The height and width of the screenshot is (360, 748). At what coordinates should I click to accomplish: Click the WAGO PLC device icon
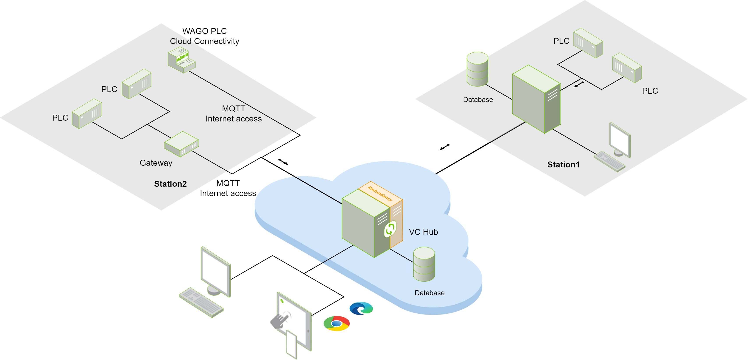182,60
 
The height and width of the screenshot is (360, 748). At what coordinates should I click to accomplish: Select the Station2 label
170,184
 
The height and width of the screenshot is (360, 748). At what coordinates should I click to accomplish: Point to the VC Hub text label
423,232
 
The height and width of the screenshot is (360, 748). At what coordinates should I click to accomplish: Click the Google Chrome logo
337,323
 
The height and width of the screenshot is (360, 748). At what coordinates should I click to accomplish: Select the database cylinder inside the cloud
424,264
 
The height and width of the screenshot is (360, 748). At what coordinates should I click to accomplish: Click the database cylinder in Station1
477,69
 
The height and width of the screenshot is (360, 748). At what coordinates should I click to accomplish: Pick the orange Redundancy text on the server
380,194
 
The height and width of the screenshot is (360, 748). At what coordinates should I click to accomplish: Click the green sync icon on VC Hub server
390,229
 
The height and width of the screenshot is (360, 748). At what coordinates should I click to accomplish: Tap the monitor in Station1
620,140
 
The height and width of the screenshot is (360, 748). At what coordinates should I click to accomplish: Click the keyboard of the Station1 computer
609,161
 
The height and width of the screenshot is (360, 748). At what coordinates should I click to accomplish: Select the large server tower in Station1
536,99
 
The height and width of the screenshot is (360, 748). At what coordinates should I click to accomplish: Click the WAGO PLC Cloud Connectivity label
205,36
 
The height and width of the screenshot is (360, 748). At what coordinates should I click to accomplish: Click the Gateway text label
156,163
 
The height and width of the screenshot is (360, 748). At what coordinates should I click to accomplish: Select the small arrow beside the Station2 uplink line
283,162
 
